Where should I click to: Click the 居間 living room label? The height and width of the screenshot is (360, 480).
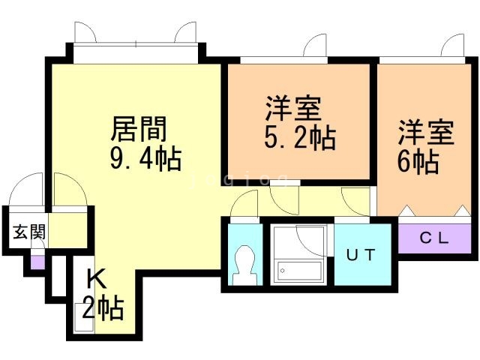pos(139,129)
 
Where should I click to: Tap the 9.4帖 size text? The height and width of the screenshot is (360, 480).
pos(146,159)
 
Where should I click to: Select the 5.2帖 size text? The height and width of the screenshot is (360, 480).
pos(300,138)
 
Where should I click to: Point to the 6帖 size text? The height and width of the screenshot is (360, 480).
pos(418,162)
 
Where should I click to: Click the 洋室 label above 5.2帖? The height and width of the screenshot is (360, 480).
pos(293,108)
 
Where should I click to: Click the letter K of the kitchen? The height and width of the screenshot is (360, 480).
pos(97,278)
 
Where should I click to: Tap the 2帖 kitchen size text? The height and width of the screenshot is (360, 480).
pos(103,307)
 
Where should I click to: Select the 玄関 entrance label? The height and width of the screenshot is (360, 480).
pos(29,232)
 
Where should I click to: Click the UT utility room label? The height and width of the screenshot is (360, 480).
pos(361,255)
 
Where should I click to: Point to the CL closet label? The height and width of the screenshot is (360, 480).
pos(434,238)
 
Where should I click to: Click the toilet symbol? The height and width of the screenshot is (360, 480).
pos(244,265)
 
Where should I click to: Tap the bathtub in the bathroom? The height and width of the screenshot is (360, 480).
pos(299,271)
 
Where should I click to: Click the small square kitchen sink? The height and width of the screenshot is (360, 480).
pos(84,317)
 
